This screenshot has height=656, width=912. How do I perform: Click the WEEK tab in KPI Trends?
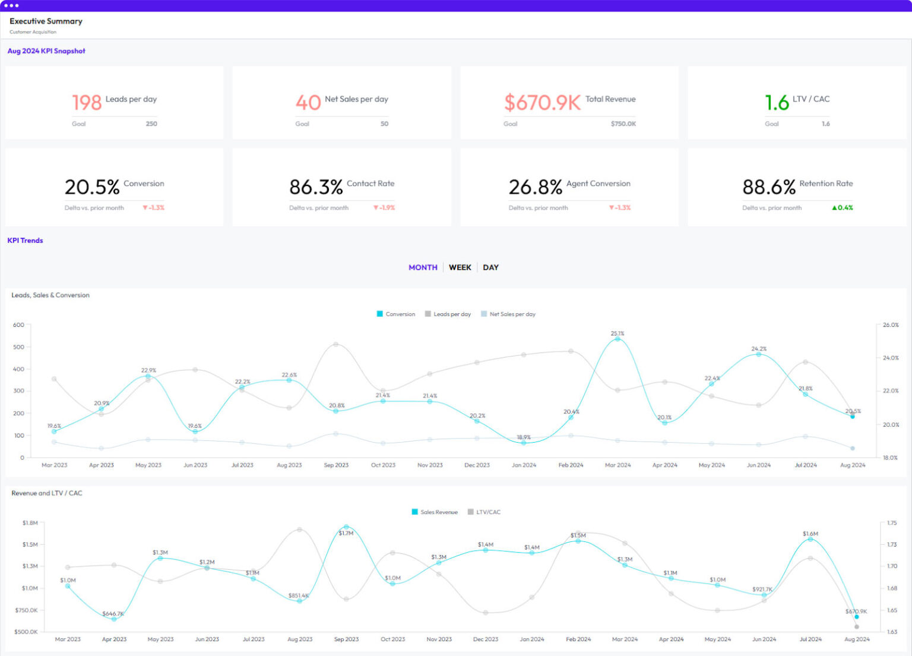(460, 267)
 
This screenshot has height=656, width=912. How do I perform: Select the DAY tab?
(490, 267)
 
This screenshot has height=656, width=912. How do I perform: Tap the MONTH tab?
(423, 267)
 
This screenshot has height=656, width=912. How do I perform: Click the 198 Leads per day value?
(87, 103)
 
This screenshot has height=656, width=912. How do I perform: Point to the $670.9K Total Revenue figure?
(542, 103)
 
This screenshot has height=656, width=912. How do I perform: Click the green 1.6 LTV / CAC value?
(777, 103)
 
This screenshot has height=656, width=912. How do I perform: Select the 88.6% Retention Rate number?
(768, 187)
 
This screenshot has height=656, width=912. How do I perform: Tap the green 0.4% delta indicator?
(843, 208)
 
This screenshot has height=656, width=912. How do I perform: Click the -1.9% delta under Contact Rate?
(384, 208)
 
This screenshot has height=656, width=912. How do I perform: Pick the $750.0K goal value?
(623, 124)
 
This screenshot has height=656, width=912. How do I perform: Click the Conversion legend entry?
(396, 314)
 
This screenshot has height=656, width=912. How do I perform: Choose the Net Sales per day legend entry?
(508, 314)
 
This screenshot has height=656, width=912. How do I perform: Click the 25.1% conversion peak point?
(617, 339)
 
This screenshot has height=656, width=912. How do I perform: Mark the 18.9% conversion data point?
(524, 443)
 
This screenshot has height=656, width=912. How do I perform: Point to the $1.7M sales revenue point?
(346, 527)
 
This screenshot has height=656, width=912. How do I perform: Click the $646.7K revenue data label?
(113, 614)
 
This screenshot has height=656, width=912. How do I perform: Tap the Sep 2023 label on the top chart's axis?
(336, 465)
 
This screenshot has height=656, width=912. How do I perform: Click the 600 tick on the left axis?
(18, 325)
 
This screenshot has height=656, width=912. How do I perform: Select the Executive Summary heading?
(46, 21)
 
